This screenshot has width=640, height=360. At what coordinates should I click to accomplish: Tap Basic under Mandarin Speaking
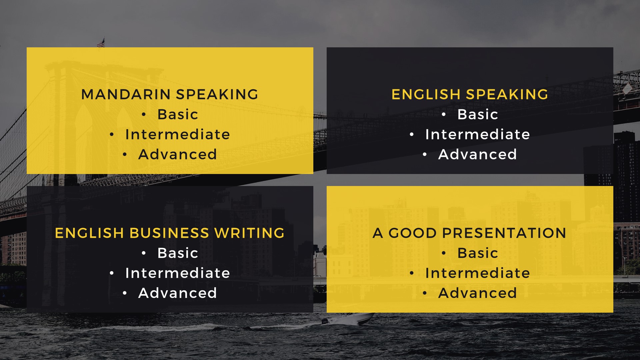pyautogui.click(x=178, y=114)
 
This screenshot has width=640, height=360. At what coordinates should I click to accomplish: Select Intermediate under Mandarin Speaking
pyautogui.click(x=178, y=134)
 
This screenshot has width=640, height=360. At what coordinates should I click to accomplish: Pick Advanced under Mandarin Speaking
pyautogui.click(x=178, y=154)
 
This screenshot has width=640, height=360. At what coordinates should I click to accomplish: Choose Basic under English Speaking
pyautogui.click(x=478, y=114)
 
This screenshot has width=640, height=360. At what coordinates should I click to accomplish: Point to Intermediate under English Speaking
pyautogui.click(x=478, y=134)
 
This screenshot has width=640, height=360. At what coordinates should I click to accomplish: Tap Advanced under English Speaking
pyautogui.click(x=478, y=154)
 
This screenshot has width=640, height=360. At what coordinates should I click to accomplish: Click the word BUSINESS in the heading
pyautogui.click(x=169, y=233)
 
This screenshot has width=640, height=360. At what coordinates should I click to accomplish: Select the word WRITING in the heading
pyautogui.click(x=250, y=233)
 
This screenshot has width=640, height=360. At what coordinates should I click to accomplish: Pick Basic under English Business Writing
pyautogui.click(x=178, y=253)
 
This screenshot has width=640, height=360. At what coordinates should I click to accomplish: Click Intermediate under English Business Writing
pyautogui.click(x=178, y=273)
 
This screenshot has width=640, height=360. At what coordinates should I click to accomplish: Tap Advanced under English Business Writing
pyautogui.click(x=178, y=293)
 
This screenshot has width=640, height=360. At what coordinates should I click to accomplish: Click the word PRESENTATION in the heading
pyautogui.click(x=504, y=233)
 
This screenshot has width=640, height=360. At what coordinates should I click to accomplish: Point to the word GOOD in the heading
pyautogui.click(x=413, y=233)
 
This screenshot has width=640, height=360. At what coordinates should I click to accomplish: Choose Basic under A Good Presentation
pyautogui.click(x=478, y=253)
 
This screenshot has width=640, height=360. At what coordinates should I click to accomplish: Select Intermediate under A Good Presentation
pyautogui.click(x=478, y=273)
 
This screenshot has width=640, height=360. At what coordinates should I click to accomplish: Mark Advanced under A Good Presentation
pyautogui.click(x=478, y=293)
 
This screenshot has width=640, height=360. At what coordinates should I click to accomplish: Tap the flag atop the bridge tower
pyautogui.click(x=101, y=43)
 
